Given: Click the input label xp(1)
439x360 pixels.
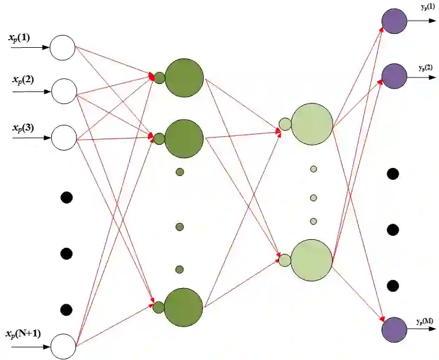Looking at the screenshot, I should (x=20, y=39).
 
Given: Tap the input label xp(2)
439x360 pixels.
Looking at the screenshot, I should (x=22, y=80).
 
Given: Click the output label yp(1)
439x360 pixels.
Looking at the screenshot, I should (x=427, y=6).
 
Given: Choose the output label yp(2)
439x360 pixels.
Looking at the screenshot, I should (x=426, y=68).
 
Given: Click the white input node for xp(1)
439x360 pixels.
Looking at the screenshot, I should (x=63, y=48).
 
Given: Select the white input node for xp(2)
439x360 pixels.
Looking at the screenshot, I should (x=64, y=91).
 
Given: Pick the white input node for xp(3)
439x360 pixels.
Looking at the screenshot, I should (x=64, y=138).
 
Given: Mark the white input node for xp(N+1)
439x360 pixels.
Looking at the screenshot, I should (x=63, y=347).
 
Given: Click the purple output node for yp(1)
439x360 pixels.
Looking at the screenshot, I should (x=394, y=21).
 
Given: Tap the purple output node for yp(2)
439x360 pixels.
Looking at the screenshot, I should (x=394, y=76).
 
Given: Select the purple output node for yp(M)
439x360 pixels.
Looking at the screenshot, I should (x=394, y=330).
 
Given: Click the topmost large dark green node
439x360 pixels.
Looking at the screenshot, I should (x=184, y=78).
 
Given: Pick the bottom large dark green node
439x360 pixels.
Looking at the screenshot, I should (x=184, y=307).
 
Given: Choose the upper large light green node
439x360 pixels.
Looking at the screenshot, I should (x=312, y=124).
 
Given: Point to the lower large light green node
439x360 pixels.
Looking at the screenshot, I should (x=312, y=261).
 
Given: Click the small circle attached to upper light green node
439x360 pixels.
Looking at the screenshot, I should (x=285, y=124).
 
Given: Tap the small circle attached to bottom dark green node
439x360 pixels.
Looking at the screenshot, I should (x=159, y=307).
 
